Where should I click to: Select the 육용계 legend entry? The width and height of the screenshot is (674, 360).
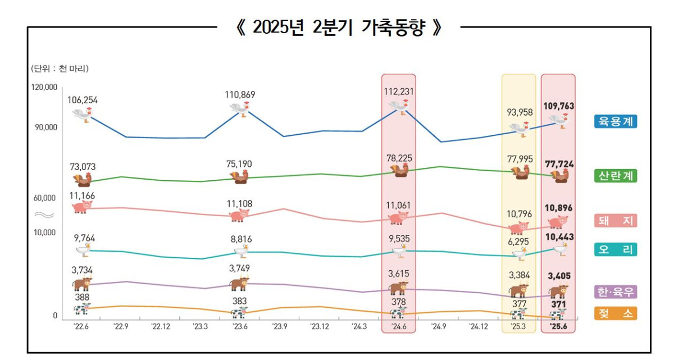coord(616,121)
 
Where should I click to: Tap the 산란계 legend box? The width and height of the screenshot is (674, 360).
coord(616,176)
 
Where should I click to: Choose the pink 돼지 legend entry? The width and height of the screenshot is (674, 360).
coord(616,221)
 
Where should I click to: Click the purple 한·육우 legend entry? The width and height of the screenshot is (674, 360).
coord(616,292)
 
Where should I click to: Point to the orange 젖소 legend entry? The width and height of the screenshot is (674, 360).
coord(616,313)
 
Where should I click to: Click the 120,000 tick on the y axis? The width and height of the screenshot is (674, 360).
coord(43,88)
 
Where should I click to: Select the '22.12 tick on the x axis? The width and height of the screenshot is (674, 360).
coord(161,326)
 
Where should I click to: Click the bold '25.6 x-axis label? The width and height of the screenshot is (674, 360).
coord(558,326)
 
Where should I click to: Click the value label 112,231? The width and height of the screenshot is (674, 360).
coord(398,91)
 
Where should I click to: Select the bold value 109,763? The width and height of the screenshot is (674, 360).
coord(558,106)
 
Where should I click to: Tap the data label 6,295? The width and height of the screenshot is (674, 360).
coord(518,241)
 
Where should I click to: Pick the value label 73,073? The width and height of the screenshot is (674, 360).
coord(83,166)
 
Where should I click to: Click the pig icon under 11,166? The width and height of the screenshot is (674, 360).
coord(82,207)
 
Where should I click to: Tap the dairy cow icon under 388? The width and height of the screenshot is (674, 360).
coord(82,308)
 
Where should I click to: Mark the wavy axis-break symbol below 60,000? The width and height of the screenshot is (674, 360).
coord(44,215)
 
